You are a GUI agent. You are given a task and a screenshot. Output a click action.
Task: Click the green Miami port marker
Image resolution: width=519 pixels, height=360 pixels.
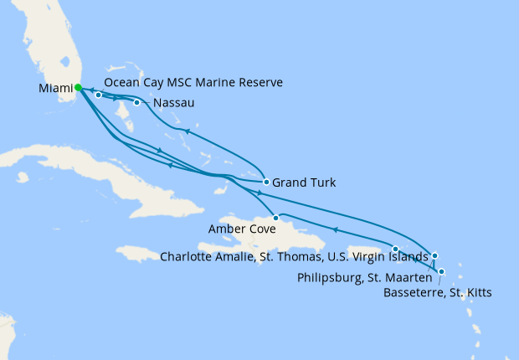[x=77, y=87]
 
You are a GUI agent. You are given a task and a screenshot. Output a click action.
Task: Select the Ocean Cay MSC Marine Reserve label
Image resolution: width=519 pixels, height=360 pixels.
[x=194, y=83]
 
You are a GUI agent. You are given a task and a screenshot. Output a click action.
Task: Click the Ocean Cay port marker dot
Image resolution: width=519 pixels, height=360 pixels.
[x=99, y=95]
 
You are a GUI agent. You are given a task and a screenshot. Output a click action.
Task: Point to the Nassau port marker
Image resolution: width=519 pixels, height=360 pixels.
[x=136, y=103]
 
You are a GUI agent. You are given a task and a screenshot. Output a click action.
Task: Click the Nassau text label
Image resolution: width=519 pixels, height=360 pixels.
[x=175, y=103]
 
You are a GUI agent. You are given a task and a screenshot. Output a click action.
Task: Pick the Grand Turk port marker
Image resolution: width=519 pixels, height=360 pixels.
[x=265, y=182]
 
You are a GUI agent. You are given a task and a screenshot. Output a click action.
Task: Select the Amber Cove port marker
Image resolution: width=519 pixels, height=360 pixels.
[x=275, y=218]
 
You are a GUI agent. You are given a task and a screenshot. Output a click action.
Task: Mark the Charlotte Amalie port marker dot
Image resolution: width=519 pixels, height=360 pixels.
[x=395, y=249]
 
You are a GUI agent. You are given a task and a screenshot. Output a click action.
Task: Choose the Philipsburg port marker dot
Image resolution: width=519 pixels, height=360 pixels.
[x=434, y=255]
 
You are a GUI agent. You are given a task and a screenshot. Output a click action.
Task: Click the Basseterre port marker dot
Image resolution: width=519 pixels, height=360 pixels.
[x=441, y=271]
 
